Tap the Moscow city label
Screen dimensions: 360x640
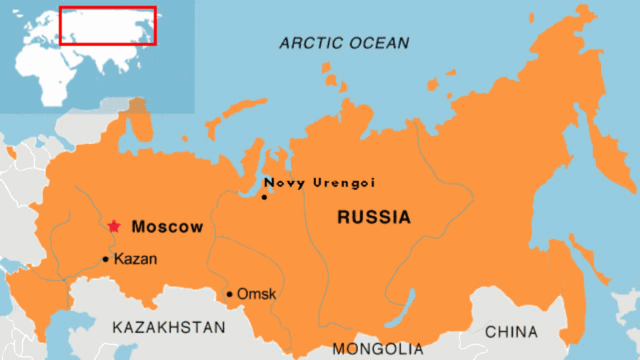pyautogui.click(x=167, y=227)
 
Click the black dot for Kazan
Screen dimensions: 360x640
pyautogui.click(x=105, y=259)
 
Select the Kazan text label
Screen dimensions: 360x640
pyautogui.click(x=135, y=259)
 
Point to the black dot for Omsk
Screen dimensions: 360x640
pyautogui.click(x=229, y=294)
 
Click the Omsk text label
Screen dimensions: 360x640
pyautogui.click(x=257, y=294)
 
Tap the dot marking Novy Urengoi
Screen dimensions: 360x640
pyautogui.click(x=264, y=197)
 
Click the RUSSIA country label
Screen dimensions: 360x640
pyautogui.click(x=373, y=217)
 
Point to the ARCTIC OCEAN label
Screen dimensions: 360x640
pyautogui.click(x=344, y=43)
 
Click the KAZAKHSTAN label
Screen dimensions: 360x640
pyautogui.click(x=169, y=327)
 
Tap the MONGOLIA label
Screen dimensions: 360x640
pyautogui.click(x=378, y=349)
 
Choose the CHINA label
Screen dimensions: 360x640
pyautogui.click(x=510, y=331)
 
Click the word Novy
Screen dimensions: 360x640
pyautogui.click(x=281, y=183)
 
